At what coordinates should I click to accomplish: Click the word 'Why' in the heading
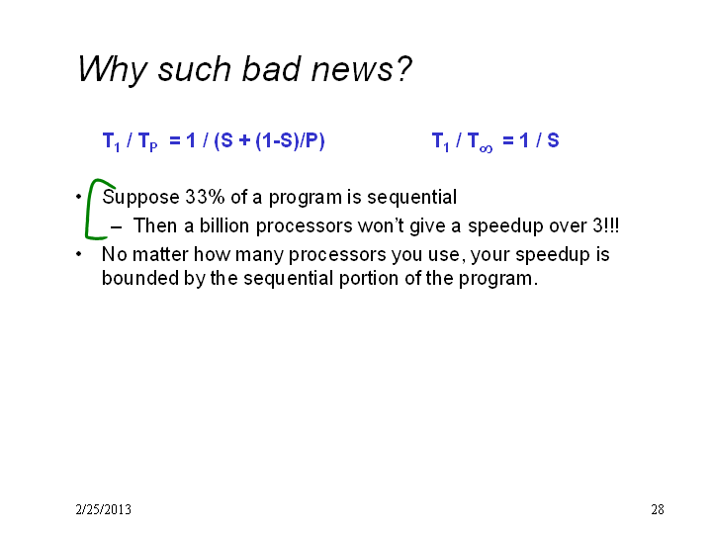112,70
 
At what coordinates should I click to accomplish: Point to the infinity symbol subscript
486,148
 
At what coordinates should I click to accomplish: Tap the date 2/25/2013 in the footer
104,509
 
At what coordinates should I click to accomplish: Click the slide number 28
658,509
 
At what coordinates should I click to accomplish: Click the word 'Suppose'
140,198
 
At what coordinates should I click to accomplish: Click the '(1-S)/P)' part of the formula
290,140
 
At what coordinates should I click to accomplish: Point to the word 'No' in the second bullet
115,254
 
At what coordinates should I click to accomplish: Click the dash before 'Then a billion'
116,226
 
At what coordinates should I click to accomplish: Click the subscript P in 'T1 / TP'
153,147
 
